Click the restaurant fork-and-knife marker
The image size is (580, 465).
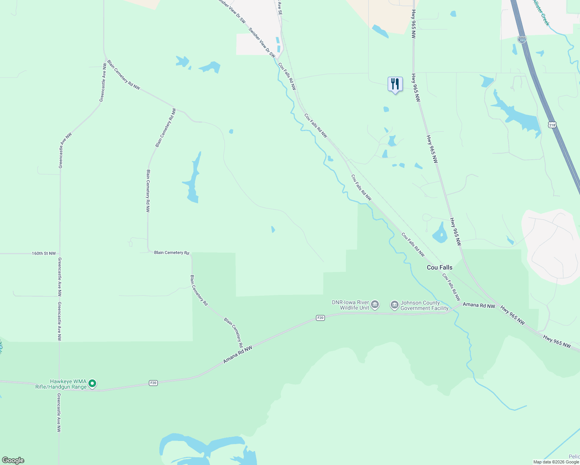[395, 84]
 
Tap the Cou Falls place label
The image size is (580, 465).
[439, 267]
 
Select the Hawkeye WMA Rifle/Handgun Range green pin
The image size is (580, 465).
[92, 384]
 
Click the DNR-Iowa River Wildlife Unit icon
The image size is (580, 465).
[375, 305]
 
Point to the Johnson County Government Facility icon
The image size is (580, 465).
[395, 305]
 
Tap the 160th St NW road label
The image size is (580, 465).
[43, 253]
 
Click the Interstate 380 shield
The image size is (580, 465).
[522, 40]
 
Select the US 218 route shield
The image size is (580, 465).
[552, 125]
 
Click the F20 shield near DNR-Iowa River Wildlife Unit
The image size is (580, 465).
[320, 318]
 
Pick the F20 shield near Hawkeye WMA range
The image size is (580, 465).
[154, 383]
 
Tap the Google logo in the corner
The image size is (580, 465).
[13, 460]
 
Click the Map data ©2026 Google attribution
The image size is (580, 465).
[556, 462]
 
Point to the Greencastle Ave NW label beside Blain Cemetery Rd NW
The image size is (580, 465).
[103, 83]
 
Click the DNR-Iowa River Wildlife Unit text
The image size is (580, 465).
[350, 305]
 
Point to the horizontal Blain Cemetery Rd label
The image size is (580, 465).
[171, 253]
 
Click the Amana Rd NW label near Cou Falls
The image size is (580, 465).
[479, 305]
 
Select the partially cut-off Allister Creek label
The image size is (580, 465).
[541, 12]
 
